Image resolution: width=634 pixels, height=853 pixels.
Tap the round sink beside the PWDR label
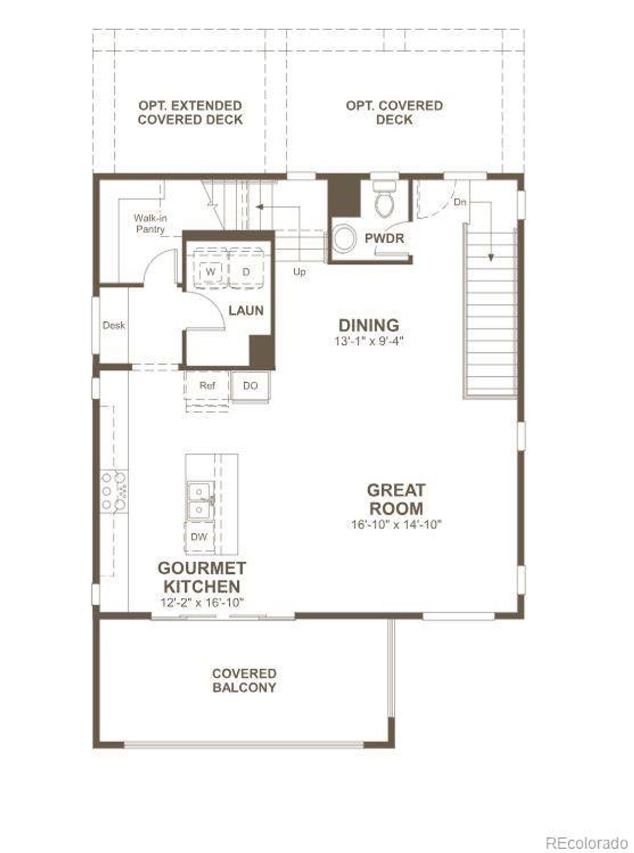[343, 238]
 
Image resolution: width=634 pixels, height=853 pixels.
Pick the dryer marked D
[246, 272]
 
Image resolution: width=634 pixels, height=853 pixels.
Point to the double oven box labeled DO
[251, 386]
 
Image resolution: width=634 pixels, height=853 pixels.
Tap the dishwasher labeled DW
[199, 536]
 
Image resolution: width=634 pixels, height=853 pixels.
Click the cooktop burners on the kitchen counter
[114, 491]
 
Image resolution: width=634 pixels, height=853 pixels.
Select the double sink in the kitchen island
[200, 500]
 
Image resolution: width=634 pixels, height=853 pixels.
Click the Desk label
[113, 326]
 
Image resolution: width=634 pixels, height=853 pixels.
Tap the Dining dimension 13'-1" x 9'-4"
[369, 341]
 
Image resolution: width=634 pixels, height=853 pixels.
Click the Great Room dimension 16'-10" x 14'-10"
[396, 525]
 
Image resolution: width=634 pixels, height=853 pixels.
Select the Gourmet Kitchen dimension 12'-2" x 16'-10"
[202, 603]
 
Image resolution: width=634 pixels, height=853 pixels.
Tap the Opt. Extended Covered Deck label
[190, 113]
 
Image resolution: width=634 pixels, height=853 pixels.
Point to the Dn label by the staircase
[460, 202]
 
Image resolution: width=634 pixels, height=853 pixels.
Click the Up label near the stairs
[299, 272]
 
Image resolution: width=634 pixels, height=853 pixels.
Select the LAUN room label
[246, 311]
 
